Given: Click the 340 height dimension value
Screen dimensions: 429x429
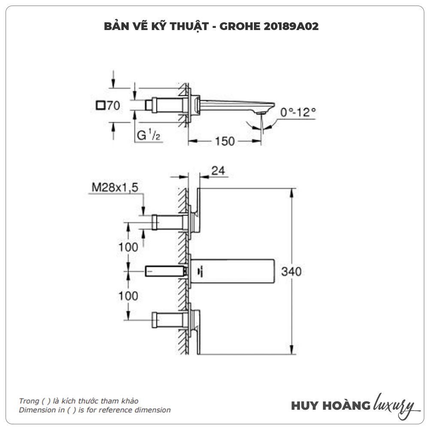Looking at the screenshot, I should click(291, 272).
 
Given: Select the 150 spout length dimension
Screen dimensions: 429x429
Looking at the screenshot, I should click(225, 141).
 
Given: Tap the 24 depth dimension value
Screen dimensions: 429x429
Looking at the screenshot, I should click(218, 171).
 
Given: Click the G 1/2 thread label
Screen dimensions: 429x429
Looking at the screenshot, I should click(148, 136).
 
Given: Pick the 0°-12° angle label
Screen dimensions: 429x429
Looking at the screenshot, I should click(298, 112).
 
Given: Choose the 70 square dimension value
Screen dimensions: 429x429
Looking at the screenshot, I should click(113, 106).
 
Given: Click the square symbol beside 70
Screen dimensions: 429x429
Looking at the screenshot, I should click(101, 105).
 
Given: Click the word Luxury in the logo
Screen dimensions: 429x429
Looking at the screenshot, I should click(394, 405).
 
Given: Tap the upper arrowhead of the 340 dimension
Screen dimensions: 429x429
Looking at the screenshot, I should click(292, 192).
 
